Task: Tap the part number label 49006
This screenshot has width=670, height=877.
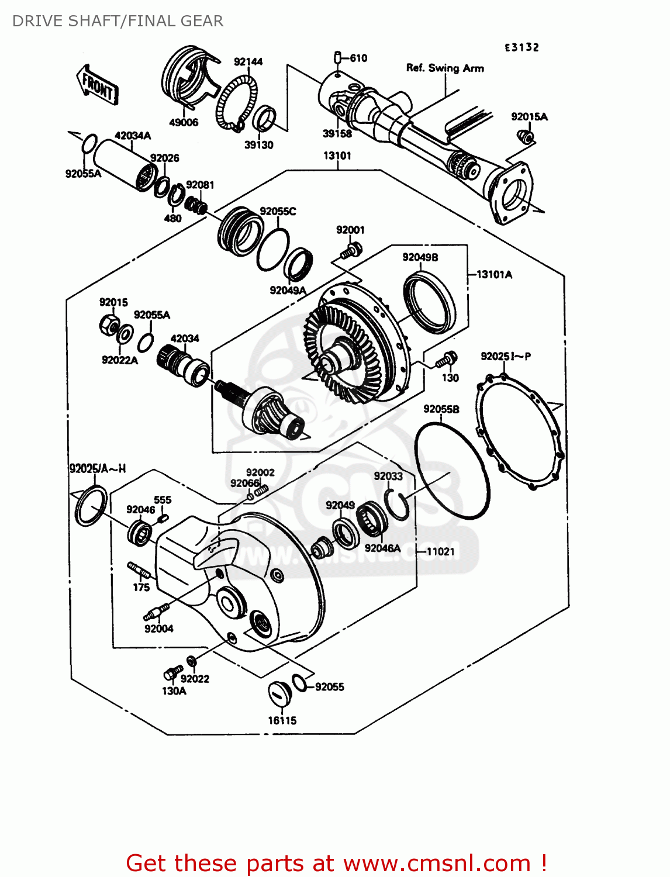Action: (184, 122)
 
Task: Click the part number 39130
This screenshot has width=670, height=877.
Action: (258, 145)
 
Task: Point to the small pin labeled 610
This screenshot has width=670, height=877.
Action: (338, 57)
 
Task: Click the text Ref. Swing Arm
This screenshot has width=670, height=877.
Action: (445, 68)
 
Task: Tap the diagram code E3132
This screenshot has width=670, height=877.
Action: (522, 47)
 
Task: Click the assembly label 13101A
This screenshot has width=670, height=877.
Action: (494, 274)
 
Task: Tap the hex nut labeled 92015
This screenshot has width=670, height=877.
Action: (108, 324)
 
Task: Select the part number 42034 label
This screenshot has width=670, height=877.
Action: (185, 339)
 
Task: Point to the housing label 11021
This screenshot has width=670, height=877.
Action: (440, 551)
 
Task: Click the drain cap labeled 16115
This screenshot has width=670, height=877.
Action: (279, 694)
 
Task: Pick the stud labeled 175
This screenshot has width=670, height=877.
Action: (137, 570)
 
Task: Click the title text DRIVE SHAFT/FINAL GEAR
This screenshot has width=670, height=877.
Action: (118, 21)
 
